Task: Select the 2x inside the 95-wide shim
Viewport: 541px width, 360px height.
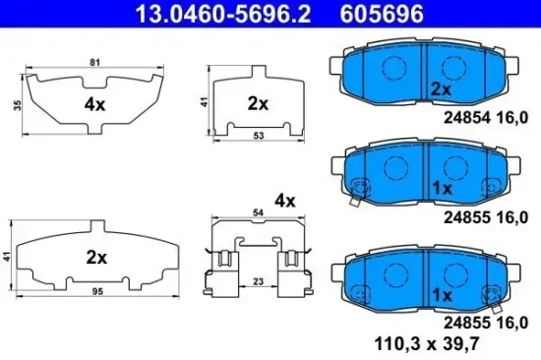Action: click(95, 258)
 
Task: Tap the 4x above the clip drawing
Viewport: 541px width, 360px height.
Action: click(285, 201)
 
